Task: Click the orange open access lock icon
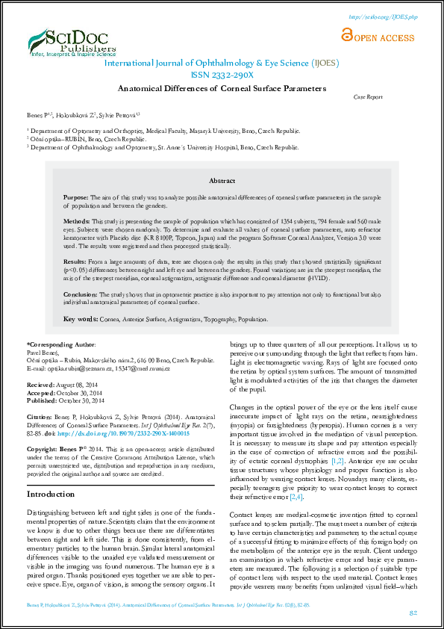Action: point(345,34)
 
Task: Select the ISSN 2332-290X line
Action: point(222,75)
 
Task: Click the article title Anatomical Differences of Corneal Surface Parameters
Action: point(222,87)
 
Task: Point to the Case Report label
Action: point(367,97)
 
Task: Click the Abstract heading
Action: point(222,181)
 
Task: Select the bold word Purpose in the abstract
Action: point(75,196)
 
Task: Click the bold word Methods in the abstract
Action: point(76,222)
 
